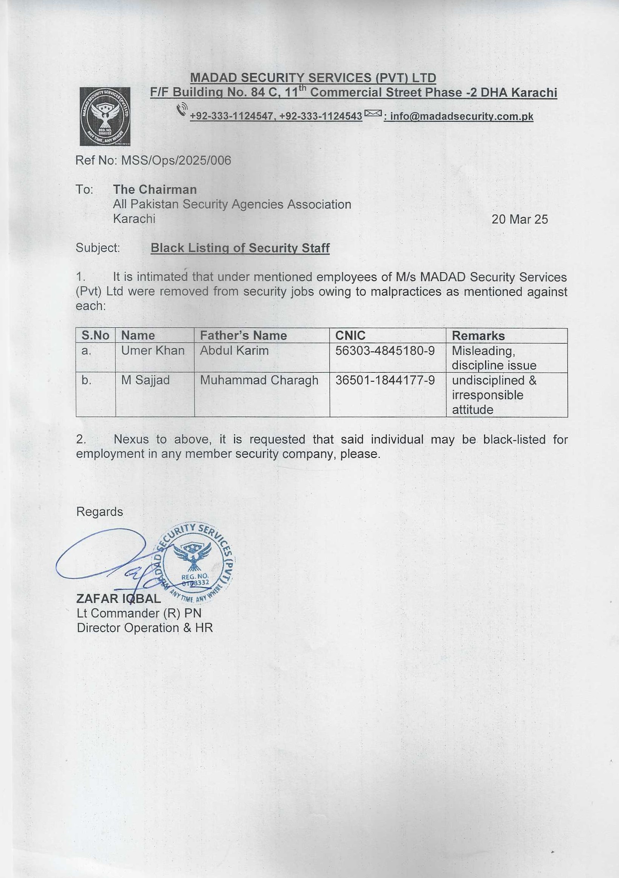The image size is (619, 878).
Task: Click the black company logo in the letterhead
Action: pos(105,116)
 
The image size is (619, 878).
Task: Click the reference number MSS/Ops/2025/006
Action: pos(176,160)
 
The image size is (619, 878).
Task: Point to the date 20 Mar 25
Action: pos(519,219)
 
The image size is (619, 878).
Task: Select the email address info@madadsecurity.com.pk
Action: pos(461,116)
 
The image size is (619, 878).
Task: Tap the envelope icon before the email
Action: pos(373,113)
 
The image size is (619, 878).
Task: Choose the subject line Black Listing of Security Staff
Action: pos(240,248)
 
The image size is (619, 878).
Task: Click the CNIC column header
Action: pos(350,335)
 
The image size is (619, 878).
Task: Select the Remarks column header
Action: pos(478,336)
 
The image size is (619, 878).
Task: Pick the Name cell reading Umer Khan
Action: pos(153,350)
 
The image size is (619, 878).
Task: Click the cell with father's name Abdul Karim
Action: pos(234,350)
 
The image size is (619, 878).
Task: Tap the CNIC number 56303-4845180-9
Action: pos(385,350)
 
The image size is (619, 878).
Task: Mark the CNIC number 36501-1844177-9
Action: pos(385,380)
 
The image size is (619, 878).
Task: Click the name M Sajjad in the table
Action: pos(146,380)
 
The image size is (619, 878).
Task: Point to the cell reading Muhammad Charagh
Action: pos(259,380)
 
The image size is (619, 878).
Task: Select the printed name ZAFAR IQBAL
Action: pos(118,598)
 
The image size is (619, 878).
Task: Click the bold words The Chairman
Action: pos(155,189)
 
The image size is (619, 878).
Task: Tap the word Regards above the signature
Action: pos(100,512)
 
